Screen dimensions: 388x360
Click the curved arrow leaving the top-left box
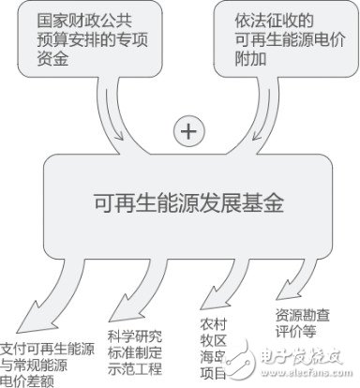point(112,117)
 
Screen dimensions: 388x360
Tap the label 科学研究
point(133,335)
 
